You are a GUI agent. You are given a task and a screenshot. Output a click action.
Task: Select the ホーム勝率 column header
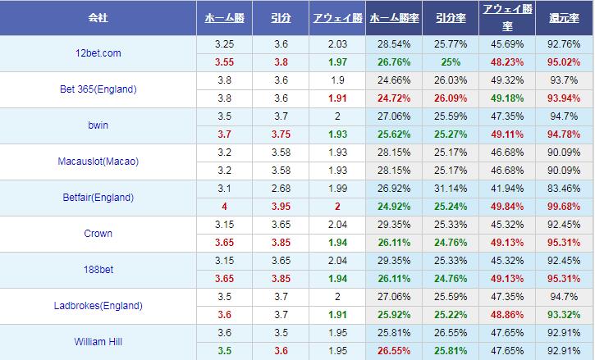pos(392,17)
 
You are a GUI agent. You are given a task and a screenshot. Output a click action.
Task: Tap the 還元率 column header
pos(564,17)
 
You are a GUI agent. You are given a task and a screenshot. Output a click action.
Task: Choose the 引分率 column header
pos(449,17)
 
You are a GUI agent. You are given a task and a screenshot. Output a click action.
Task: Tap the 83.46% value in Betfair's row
pos(564,189)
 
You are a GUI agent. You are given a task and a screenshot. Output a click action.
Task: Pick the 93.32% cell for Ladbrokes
pos(564,315)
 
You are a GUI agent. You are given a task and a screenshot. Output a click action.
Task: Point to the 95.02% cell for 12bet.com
pos(564,62)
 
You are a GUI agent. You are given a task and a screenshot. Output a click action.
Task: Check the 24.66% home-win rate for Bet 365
pos(392,80)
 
